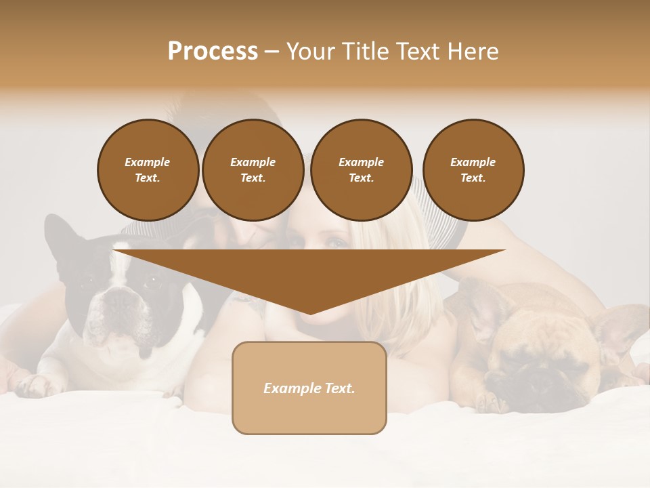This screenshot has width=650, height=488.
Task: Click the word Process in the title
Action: pyautogui.click(x=213, y=52)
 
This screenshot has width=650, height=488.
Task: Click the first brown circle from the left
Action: pyautogui.click(x=148, y=169)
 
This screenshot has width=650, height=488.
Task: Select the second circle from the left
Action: pyautogui.click(x=253, y=169)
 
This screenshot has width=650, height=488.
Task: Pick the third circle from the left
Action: pyautogui.click(x=361, y=169)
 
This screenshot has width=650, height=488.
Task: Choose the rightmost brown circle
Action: pyautogui.click(x=473, y=169)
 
